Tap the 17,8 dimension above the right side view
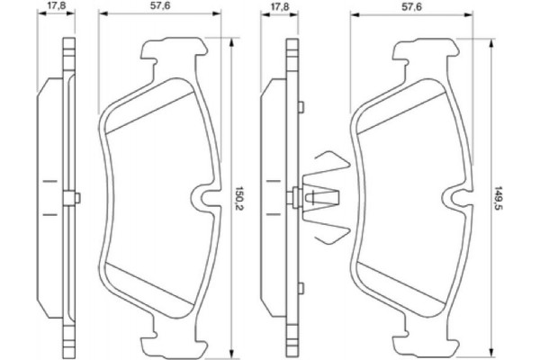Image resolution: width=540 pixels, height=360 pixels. [x=279, y=6]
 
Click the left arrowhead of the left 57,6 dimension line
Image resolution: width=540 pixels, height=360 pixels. [x=101, y=15]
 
